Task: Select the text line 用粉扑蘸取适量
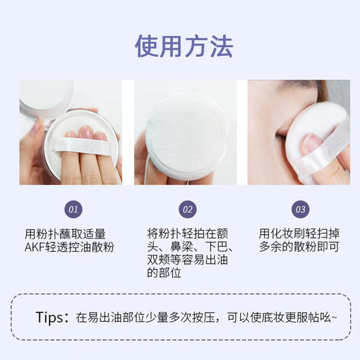65,233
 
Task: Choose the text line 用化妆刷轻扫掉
300,233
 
